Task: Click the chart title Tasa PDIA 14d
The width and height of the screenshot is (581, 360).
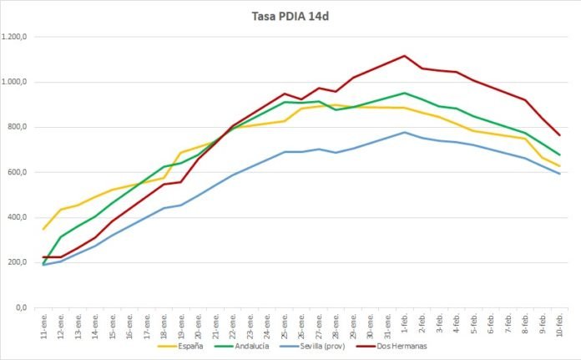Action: coord(290,15)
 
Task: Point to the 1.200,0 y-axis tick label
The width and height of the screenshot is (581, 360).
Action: coord(16,37)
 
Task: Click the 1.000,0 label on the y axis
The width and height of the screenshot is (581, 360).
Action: coord(16,82)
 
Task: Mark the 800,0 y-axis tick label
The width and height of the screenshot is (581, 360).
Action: coord(18,127)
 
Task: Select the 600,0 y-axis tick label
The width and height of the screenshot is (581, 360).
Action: coord(18,172)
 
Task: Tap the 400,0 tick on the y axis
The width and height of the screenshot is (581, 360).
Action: coord(18,217)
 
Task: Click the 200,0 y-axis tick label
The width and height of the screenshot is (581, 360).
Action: coord(18,262)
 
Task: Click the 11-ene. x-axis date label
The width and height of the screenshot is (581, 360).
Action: coord(44,322)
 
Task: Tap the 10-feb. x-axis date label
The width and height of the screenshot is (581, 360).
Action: coord(558,322)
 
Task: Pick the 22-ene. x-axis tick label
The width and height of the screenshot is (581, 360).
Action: coord(233,322)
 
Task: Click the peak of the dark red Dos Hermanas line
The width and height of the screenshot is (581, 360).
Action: coord(404,56)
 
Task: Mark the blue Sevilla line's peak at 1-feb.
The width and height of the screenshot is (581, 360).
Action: coord(404,132)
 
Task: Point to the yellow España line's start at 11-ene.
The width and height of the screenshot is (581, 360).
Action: coord(43,229)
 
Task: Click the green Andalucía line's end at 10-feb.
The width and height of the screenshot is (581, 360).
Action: coord(558,155)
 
